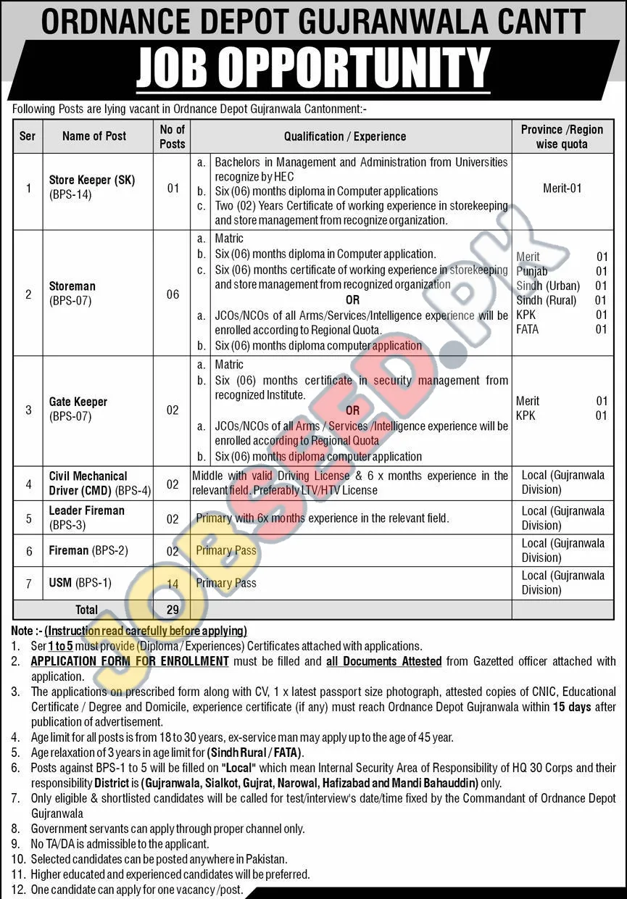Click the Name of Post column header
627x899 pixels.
click(94, 136)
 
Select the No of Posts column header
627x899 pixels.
click(173, 136)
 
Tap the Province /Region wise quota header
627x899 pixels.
click(562, 136)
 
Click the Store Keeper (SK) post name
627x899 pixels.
click(92, 180)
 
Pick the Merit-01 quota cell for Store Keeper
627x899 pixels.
click(562, 188)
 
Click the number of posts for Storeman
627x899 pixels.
click(173, 294)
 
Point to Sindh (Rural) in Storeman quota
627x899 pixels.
click(547, 300)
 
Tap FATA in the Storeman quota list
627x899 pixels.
click(528, 329)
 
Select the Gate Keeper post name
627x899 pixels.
click(78, 402)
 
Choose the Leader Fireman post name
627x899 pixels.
click(87, 510)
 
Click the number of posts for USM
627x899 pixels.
click(173, 583)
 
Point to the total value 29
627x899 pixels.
click(173, 610)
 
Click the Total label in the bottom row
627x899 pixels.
click(86, 610)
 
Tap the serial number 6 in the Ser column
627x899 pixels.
click(29, 551)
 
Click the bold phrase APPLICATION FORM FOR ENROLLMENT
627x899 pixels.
click(130, 661)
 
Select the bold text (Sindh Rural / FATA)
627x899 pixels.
click(255, 753)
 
